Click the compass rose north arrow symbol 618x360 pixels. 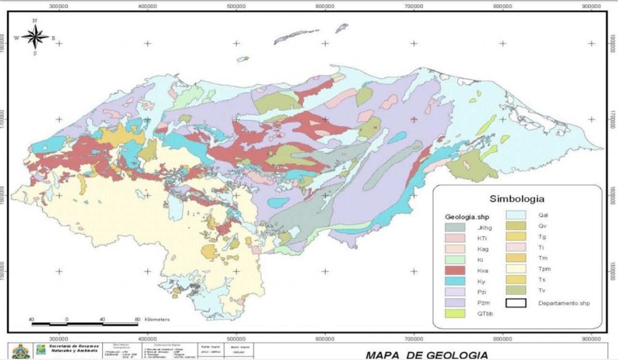(x=35, y=37)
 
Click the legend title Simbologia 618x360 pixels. (x=517, y=198)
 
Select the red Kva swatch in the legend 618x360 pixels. (x=454, y=270)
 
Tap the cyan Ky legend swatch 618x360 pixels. (x=454, y=281)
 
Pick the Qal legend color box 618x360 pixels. (x=516, y=216)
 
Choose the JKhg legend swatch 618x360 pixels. (x=454, y=227)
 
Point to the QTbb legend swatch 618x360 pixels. (x=454, y=314)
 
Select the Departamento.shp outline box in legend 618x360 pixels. (x=516, y=303)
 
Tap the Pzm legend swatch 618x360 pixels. (x=454, y=303)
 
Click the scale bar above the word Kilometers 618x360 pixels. (x=84, y=324)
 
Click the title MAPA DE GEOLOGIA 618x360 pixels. (x=427, y=355)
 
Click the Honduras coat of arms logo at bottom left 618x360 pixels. (x=21, y=351)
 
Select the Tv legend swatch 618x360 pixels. (x=516, y=291)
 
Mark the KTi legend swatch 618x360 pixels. (x=454, y=238)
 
